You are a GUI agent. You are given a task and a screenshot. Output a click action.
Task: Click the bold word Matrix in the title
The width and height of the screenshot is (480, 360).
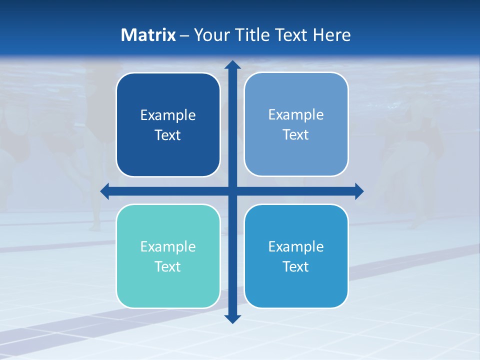point(148,35)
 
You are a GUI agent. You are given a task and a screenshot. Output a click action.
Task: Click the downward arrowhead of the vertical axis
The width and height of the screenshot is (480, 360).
point(232,318)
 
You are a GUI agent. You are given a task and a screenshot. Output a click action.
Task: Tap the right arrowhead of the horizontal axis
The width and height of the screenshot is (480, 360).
point(359,191)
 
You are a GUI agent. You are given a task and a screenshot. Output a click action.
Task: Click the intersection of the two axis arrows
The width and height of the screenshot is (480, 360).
point(232,191)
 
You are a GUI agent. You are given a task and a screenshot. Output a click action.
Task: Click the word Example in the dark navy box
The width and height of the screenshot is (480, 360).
point(168,115)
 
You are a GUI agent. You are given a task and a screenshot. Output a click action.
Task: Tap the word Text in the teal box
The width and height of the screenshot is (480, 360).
point(168,266)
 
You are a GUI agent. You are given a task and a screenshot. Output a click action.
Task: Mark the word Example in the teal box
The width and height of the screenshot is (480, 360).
point(168,246)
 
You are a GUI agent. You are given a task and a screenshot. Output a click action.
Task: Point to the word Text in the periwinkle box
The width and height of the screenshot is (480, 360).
point(296,134)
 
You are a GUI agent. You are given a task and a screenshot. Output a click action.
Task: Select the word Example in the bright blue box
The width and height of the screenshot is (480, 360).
point(296,246)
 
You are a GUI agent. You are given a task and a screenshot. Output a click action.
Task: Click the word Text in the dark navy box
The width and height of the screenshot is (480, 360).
point(168,135)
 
